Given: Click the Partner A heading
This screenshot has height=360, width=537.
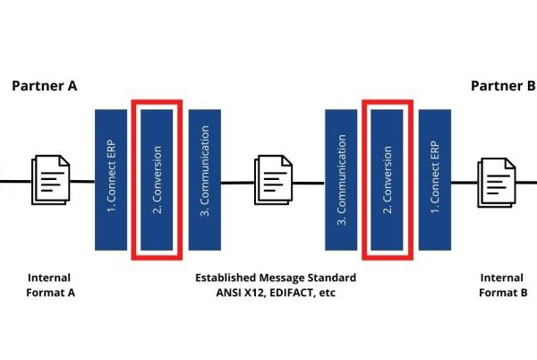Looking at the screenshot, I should pos(44,86).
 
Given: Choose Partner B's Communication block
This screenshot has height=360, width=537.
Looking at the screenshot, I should pos(341,179).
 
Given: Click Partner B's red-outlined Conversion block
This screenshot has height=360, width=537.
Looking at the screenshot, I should pos(388,179).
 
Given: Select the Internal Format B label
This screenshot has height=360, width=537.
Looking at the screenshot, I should pos(502,285).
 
